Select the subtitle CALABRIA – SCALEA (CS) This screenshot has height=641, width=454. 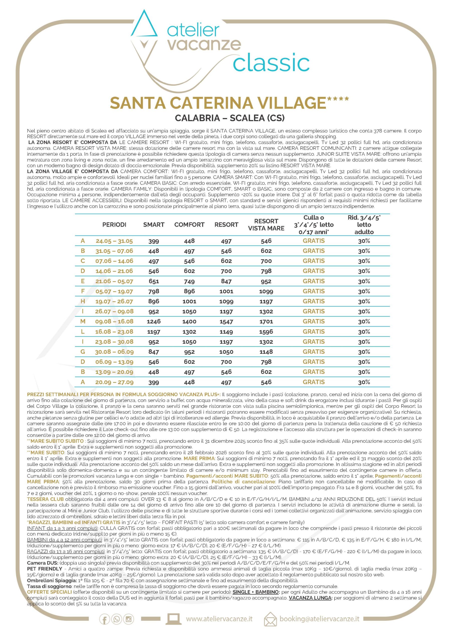pos(230,118)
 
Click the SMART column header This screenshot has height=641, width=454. pos(154,225)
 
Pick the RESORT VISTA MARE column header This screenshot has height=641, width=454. pos(266,225)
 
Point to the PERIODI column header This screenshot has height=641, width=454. pos(114,225)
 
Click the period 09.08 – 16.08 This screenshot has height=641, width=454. pos(114,322)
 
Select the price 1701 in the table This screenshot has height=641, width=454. pos(266,322)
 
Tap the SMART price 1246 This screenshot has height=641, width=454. pos(154,322)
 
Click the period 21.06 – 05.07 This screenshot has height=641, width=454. pos(114,281)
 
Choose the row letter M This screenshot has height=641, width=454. pos(83,322)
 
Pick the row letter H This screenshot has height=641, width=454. pos(83,301)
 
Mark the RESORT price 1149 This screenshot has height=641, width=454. pos(226,332)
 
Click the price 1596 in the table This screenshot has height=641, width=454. pos(266,332)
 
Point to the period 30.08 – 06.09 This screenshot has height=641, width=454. pos(114,352)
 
